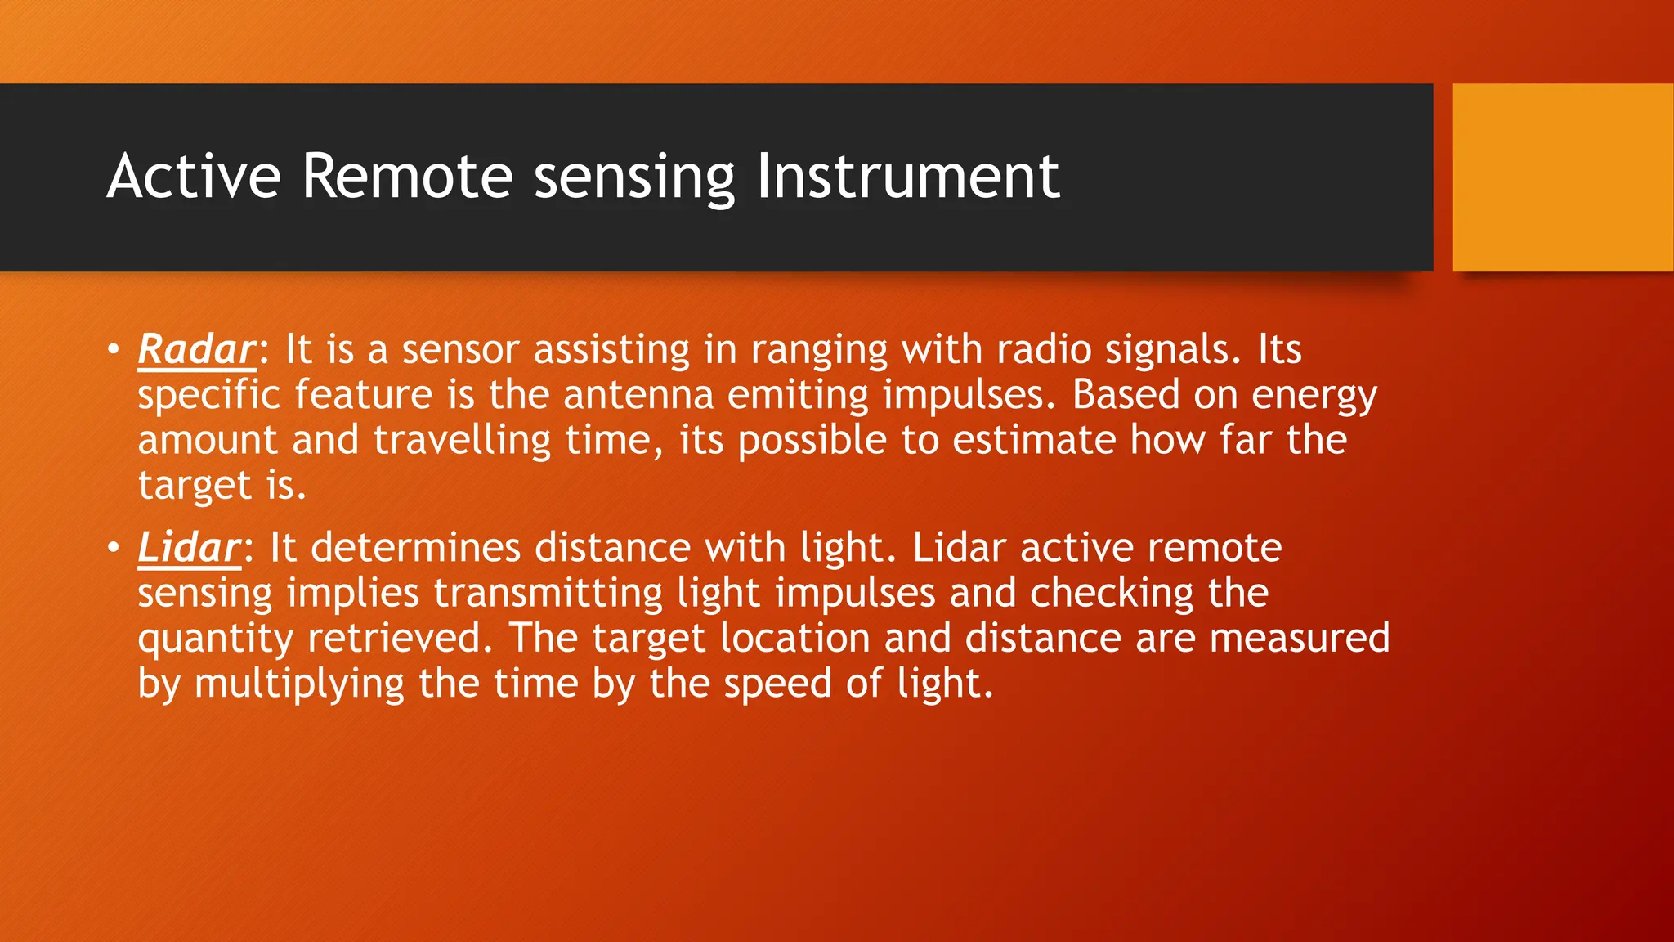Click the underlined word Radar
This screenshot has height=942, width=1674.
click(x=196, y=350)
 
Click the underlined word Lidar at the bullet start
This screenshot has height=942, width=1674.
click(x=189, y=548)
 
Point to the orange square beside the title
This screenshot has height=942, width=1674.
click(x=1562, y=177)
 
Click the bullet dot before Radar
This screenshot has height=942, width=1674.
click(x=114, y=350)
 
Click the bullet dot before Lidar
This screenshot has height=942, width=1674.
click(x=114, y=548)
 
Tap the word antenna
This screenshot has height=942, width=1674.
click(x=638, y=395)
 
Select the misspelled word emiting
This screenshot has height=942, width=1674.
click(x=798, y=395)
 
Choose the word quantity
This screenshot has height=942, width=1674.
click(x=215, y=639)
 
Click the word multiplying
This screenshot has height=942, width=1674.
click(x=299, y=684)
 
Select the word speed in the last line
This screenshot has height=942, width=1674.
click(x=777, y=684)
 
